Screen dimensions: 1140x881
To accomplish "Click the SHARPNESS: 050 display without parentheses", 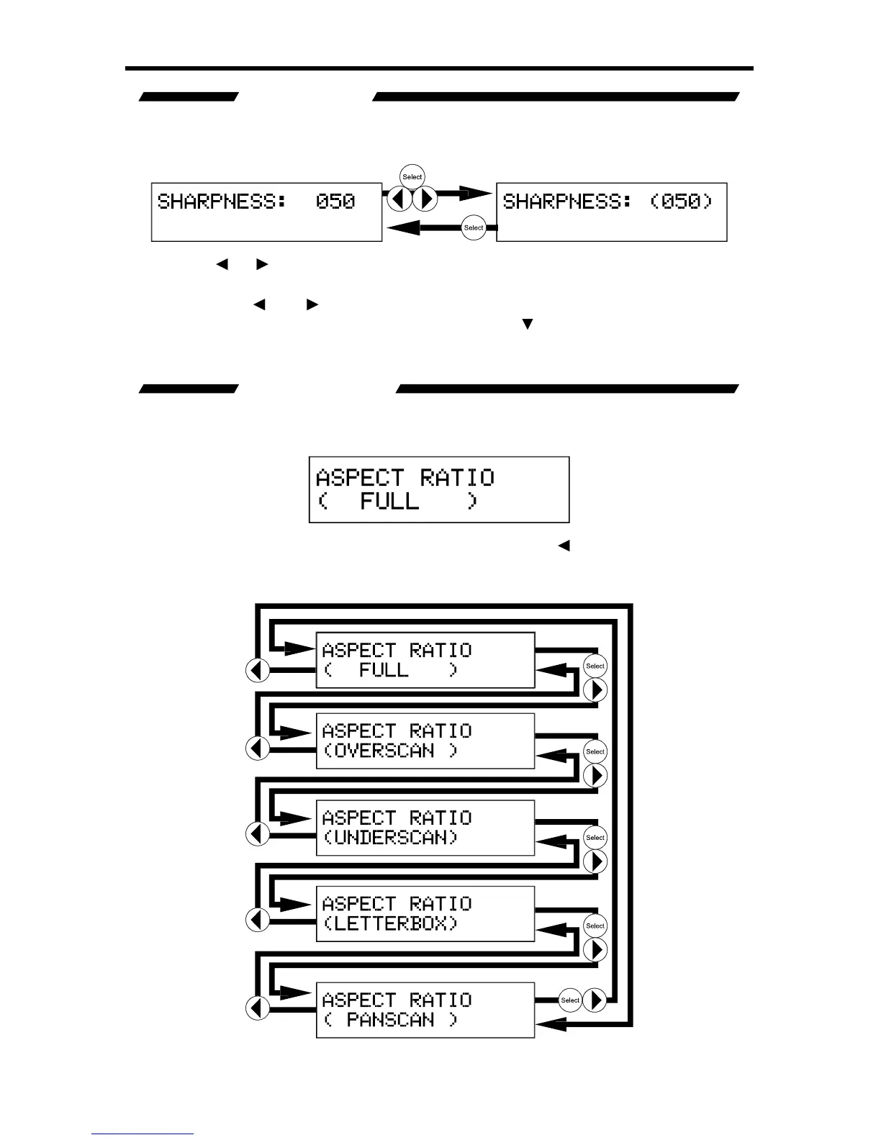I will coord(266,212).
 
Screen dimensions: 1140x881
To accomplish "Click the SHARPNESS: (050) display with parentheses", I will coord(612,212).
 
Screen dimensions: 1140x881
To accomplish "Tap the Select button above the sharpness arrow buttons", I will coord(412,177).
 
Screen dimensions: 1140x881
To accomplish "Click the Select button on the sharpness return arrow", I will coord(474,227).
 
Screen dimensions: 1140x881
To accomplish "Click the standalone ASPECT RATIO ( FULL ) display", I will coord(439,489).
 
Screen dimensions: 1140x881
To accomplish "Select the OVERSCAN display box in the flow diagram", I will coord(425,741).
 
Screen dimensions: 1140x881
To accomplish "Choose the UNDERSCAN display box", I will coord(425,827).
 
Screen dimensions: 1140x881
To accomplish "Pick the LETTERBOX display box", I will coord(425,913).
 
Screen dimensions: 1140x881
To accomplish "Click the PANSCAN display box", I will coord(425,1009).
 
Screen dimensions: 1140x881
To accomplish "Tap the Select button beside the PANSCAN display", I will coord(570,1000).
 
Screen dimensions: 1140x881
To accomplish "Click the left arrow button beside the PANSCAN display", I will coord(258,1008).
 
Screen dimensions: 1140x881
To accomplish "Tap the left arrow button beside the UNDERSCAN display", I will coord(258,833).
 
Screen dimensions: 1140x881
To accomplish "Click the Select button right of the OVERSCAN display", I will coord(595,751).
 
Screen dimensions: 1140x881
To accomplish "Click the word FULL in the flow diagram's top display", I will coord(384,670).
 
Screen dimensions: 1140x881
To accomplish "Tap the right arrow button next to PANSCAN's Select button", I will coord(595,1000).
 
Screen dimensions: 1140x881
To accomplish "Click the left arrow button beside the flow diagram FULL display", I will coord(258,670).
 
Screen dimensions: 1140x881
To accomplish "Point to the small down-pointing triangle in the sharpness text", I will coord(527,325).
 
